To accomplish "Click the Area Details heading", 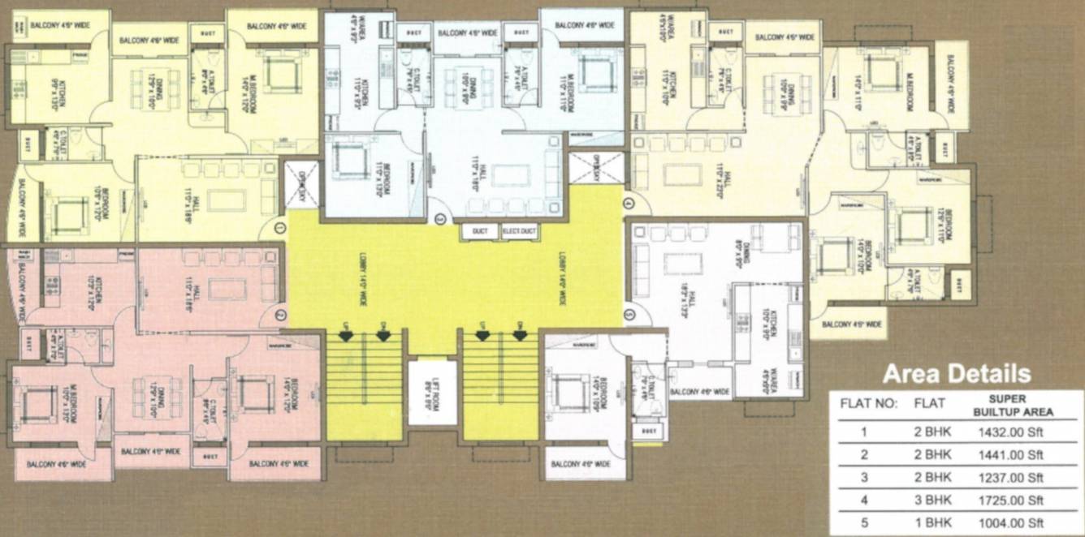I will (956, 374).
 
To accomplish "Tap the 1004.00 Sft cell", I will (1010, 523).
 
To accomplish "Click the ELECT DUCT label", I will (520, 232).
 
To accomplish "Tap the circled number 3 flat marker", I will (441, 217).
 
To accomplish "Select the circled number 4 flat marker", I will (628, 201).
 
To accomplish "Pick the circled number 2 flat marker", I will (281, 315).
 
